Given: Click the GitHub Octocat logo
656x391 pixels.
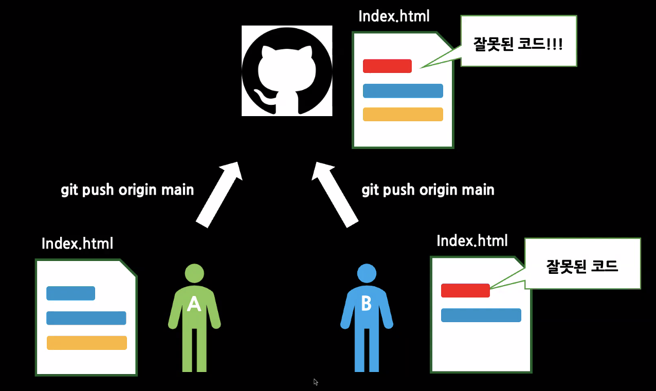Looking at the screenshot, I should [287, 70].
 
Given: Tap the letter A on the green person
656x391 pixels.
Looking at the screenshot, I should [194, 304].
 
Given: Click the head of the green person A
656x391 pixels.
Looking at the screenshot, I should [194, 273].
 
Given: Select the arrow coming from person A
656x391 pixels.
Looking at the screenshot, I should [218, 194].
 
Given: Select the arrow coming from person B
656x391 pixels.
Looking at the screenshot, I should [335, 194].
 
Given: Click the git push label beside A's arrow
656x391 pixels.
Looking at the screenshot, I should [127, 190].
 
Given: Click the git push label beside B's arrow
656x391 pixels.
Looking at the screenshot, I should [428, 190].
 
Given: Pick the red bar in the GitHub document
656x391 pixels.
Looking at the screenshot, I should [387, 66].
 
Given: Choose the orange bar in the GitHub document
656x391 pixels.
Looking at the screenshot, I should [403, 114].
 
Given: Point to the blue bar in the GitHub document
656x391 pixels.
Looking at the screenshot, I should [403, 90].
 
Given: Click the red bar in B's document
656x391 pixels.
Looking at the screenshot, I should [465, 290].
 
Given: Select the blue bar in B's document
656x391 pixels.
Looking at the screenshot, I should [481, 315].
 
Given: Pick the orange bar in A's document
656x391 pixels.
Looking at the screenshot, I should [86, 343].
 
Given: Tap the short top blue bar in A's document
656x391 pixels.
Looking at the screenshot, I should [70, 293].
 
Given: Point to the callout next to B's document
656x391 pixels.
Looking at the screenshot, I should [582, 266].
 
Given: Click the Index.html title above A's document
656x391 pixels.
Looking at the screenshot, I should [77, 243].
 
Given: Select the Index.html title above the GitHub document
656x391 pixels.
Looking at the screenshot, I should [394, 16].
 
